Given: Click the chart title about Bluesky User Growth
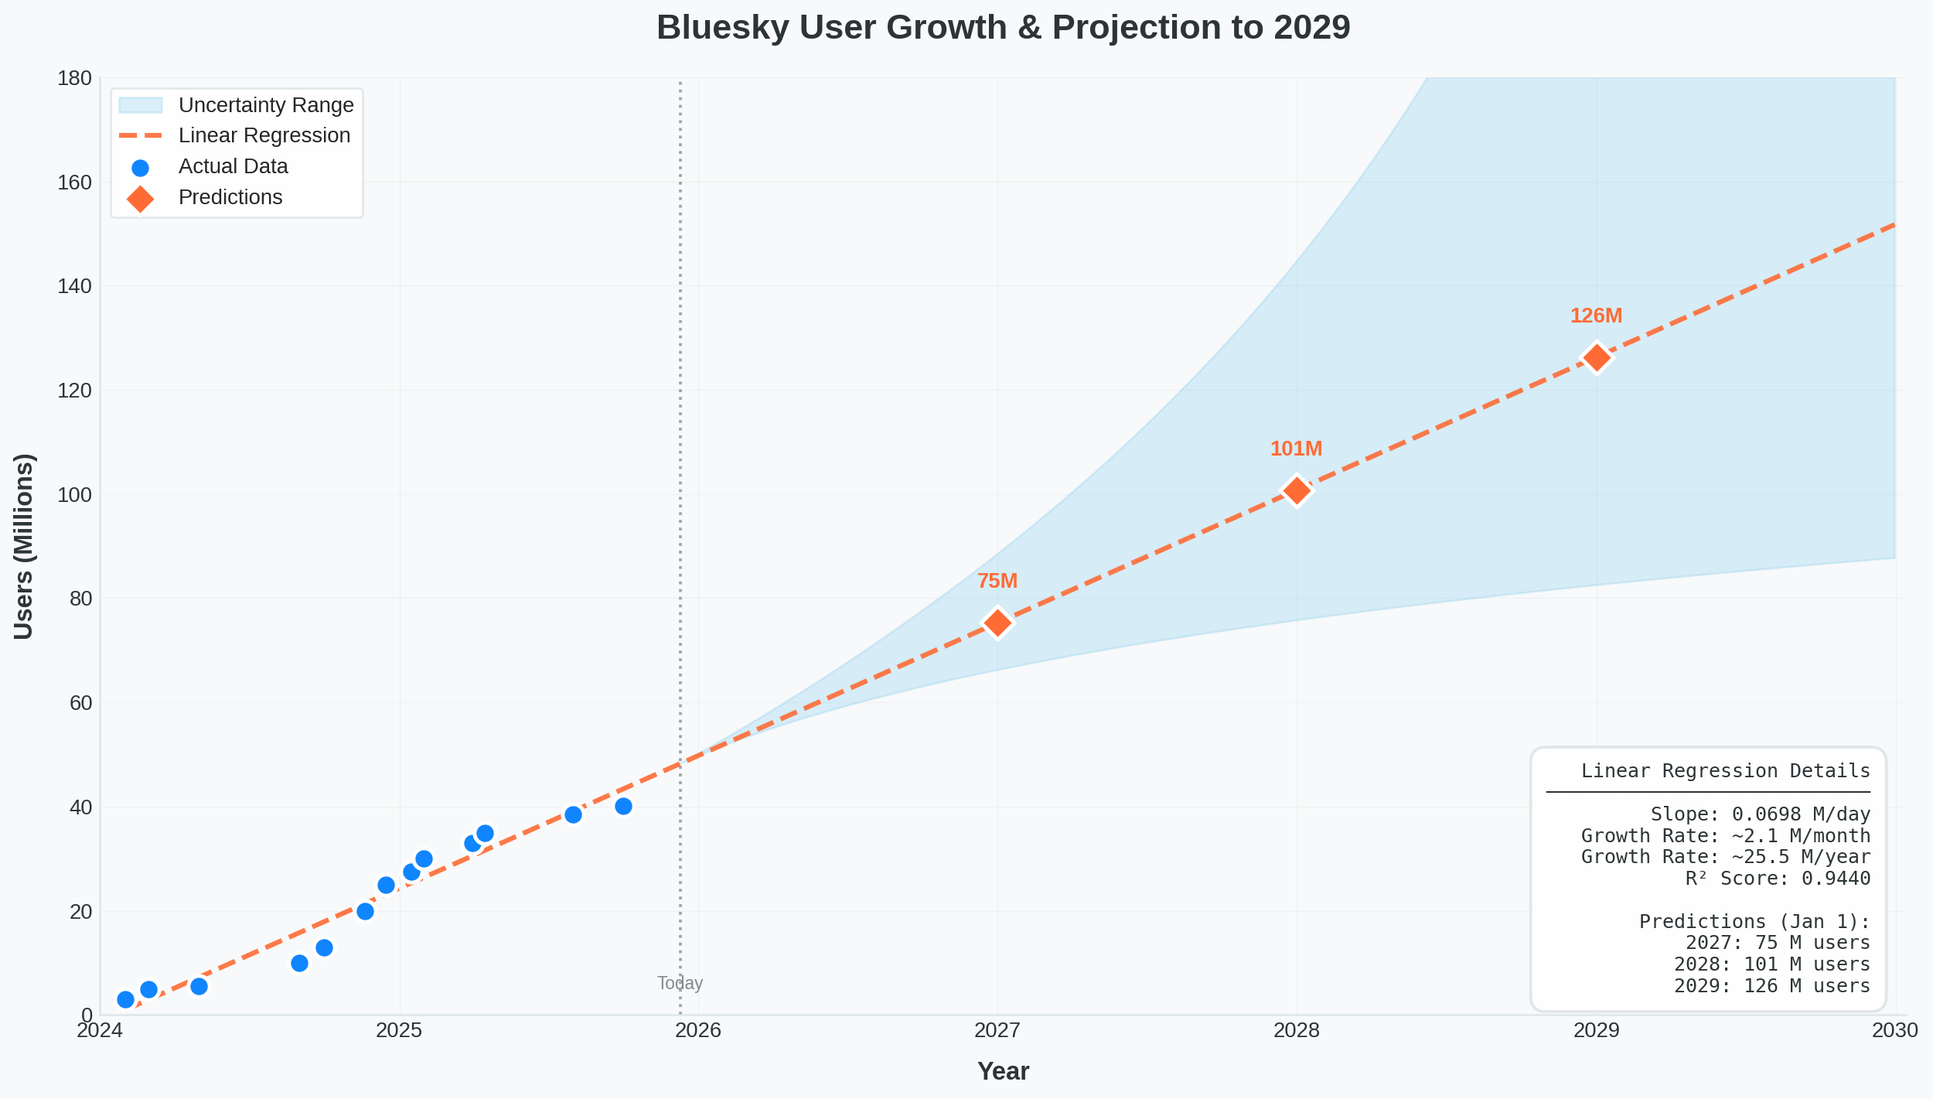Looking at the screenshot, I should coord(1003,28).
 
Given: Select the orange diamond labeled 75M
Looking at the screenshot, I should coord(997,623).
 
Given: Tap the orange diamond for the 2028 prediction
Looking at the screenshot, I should coord(1297,490).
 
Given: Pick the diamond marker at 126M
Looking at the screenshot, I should coord(1597,358).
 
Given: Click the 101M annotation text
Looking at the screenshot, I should coord(1296,449).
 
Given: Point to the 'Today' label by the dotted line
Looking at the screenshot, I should coord(680,983).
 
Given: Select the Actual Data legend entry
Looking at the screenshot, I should coord(233,166).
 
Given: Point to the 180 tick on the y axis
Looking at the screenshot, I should coord(75,78).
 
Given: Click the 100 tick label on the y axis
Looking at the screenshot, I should coord(75,495).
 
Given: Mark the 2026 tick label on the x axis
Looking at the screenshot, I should coord(698,1030).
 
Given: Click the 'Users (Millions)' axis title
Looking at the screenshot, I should coord(24,546).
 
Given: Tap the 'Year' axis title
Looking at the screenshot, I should coord(1003,1071).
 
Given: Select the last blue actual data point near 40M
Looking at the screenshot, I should coord(623,807).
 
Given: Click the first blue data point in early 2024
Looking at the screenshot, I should coord(125,999).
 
